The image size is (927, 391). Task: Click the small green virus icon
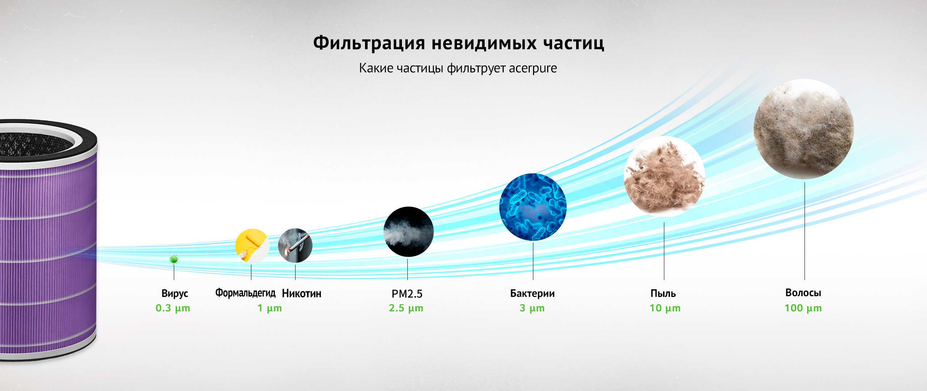pos(174,259)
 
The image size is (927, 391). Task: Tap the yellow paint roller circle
pos(252,245)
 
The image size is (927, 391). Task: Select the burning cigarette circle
pos(295,245)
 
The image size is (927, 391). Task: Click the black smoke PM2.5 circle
pos(408,232)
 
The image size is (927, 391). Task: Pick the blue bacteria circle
pos(533,207)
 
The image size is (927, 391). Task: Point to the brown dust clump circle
pos(664,177)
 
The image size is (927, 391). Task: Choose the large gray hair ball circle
pos(804,129)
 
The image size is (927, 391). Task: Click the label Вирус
pos(175,294)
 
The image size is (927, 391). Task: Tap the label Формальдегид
pos(246,293)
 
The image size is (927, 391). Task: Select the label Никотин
pos(302,293)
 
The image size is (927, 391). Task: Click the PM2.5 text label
pos(407,294)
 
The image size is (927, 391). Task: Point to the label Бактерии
pos(532,293)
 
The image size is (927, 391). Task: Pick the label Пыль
pos(663,293)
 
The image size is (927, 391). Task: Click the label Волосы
pos(803,293)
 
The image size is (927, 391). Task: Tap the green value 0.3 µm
pos(173,308)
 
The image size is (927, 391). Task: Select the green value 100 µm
pos(803,308)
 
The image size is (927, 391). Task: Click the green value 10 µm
pos(665,308)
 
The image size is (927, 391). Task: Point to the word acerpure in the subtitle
pos(533,68)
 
